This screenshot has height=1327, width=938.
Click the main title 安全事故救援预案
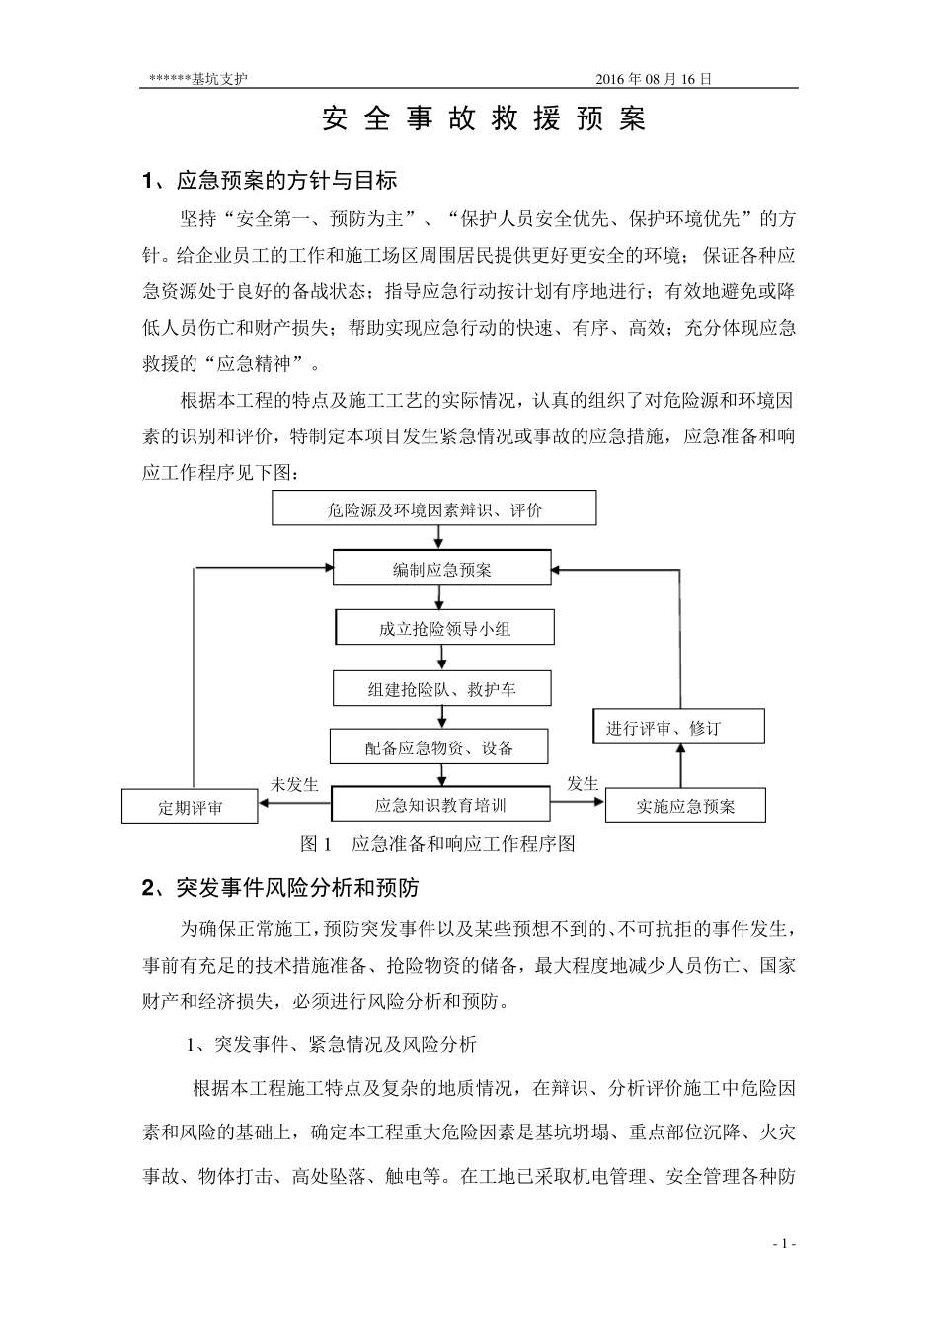coord(484,120)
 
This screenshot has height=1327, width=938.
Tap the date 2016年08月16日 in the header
coord(654,80)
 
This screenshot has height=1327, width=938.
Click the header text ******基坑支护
coord(197,80)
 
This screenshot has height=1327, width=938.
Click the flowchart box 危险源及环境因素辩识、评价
coord(434,509)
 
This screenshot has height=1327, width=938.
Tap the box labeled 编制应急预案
coord(441,569)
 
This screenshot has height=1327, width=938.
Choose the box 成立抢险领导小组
coord(444,628)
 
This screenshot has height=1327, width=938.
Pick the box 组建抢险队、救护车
coord(440,689)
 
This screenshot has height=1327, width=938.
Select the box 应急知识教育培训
coord(440,805)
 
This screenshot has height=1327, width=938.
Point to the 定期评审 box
coord(190,807)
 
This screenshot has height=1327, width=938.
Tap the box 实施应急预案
coord(685,806)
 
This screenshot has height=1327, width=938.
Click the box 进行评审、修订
coord(678,728)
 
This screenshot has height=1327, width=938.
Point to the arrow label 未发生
coord(294,784)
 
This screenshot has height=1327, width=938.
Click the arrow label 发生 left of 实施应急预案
coord(583,784)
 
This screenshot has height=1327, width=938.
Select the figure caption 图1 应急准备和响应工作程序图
coord(436,844)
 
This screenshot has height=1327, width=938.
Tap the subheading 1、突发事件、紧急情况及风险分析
coord(332,1044)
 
